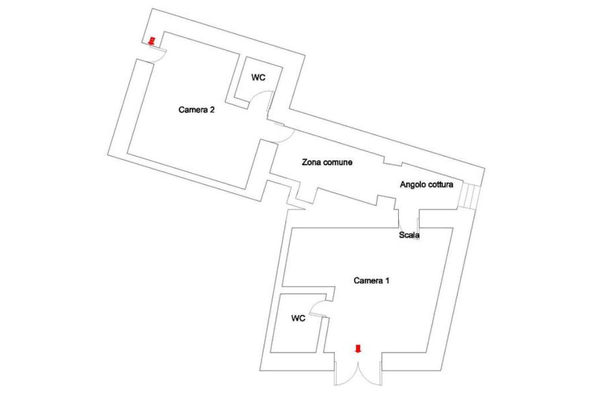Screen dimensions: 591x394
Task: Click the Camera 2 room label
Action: pyautogui.click(x=196, y=110)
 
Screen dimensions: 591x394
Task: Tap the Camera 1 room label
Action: pyautogui.click(x=372, y=281)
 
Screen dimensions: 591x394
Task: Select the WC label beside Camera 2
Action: pyautogui.click(x=258, y=78)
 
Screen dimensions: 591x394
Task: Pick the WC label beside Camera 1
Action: pyautogui.click(x=298, y=318)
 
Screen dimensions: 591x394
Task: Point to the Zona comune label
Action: pyautogui.click(x=327, y=163)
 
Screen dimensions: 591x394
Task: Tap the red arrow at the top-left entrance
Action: pyautogui.click(x=152, y=41)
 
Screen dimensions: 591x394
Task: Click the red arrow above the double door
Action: pyautogui.click(x=358, y=348)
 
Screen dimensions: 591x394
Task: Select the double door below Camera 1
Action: pyautogui.click(x=358, y=372)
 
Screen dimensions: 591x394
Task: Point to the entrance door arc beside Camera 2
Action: pyautogui.click(x=158, y=53)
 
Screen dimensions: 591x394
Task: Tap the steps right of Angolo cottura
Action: pyautogui.click(x=469, y=197)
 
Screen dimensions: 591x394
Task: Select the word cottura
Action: pyautogui.click(x=441, y=185)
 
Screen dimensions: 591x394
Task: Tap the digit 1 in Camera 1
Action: pyautogui.click(x=388, y=281)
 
